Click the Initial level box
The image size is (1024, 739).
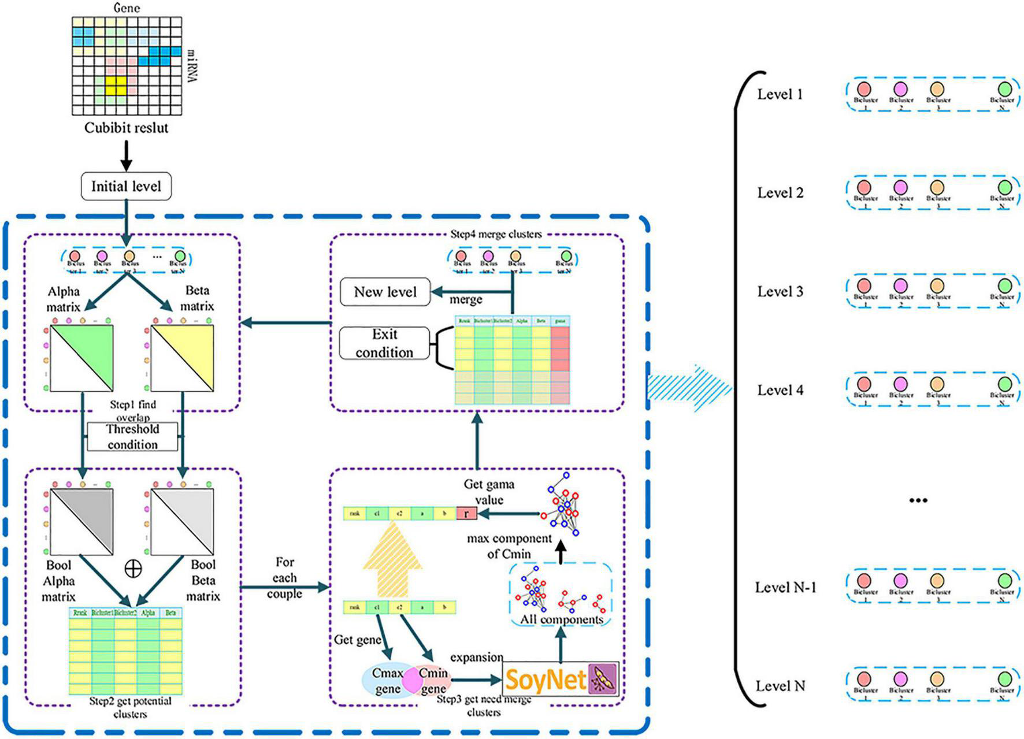click(126, 186)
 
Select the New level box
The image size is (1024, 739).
click(385, 292)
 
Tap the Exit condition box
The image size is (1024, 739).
click(384, 343)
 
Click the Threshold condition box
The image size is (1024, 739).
click(132, 437)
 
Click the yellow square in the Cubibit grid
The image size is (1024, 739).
click(116, 86)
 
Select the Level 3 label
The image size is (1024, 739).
click(780, 291)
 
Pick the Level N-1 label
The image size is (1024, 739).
click(785, 588)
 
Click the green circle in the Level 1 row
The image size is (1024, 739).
click(1005, 89)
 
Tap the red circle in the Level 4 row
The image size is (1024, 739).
click(864, 384)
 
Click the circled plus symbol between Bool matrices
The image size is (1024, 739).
click(133, 569)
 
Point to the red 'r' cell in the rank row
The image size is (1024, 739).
click(466, 513)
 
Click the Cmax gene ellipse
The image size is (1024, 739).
click(384, 681)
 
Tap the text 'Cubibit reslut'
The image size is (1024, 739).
click(126, 128)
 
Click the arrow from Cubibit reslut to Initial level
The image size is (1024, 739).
click(126, 155)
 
